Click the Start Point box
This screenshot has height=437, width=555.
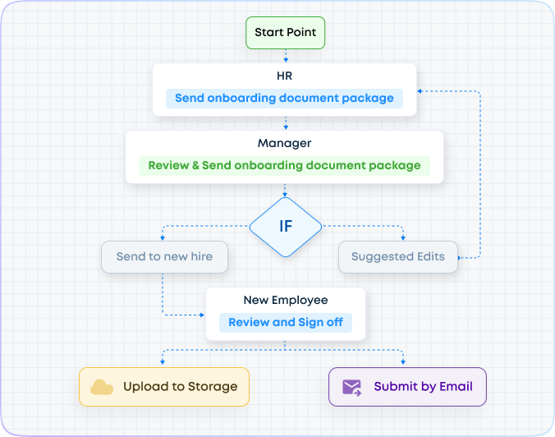tap(285, 33)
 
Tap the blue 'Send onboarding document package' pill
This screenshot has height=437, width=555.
tap(284, 98)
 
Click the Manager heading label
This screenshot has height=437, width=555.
tap(284, 144)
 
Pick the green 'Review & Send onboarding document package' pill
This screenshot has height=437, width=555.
tap(284, 165)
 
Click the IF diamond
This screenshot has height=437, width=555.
tap(285, 225)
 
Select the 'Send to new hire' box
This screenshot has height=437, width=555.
tap(164, 257)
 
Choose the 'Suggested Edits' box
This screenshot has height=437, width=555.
tap(397, 257)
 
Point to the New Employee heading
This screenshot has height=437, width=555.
tap(284, 301)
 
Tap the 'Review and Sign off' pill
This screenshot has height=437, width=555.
tap(285, 322)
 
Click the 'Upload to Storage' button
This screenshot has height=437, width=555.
tap(163, 386)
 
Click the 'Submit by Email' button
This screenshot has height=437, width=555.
tap(407, 386)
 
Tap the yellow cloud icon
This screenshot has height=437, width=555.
tap(102, 387)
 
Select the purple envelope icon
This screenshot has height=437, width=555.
tap(352, 387)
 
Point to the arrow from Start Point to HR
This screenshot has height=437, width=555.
tap(285, 56)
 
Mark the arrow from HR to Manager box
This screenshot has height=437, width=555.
tap(285, 123)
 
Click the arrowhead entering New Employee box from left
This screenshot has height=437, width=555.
tap(201, 315)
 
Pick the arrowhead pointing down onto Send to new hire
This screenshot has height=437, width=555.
tap(163, 237)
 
